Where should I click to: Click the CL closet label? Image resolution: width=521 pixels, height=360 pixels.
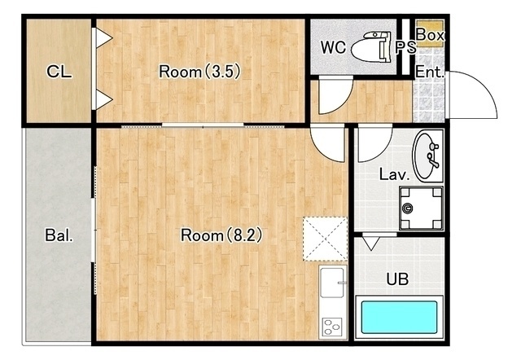tap(59, 72)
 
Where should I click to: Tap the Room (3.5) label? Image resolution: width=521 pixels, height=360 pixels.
tap(199, 72)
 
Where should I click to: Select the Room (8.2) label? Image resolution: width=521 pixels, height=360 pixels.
tap(221, 235)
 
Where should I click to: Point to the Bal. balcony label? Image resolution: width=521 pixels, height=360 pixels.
tap(59, 235)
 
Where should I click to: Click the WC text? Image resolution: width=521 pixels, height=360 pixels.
tap(333, 47)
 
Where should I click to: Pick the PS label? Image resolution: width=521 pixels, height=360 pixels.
tap(405, 47)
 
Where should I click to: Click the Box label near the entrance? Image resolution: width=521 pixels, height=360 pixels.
tap(430, 34)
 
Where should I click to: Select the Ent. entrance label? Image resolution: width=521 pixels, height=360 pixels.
tap(430, 72)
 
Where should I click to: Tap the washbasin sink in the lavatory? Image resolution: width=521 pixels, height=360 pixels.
tap(427, 156)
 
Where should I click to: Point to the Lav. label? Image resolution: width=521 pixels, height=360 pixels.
tap(394, 174)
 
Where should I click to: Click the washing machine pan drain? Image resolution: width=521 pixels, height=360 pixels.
tap(407, 209)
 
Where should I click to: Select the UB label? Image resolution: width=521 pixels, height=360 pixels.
tap(397, 279)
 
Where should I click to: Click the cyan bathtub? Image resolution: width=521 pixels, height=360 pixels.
tap(399, 317)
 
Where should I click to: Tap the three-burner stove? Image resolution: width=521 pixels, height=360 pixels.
tap(333, 326)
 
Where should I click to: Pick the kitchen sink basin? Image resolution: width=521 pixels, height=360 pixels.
tap(333, 283)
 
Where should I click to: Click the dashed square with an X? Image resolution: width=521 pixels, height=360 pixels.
tap(325, 239)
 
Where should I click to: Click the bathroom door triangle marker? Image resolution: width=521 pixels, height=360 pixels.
tap(371, 243)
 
